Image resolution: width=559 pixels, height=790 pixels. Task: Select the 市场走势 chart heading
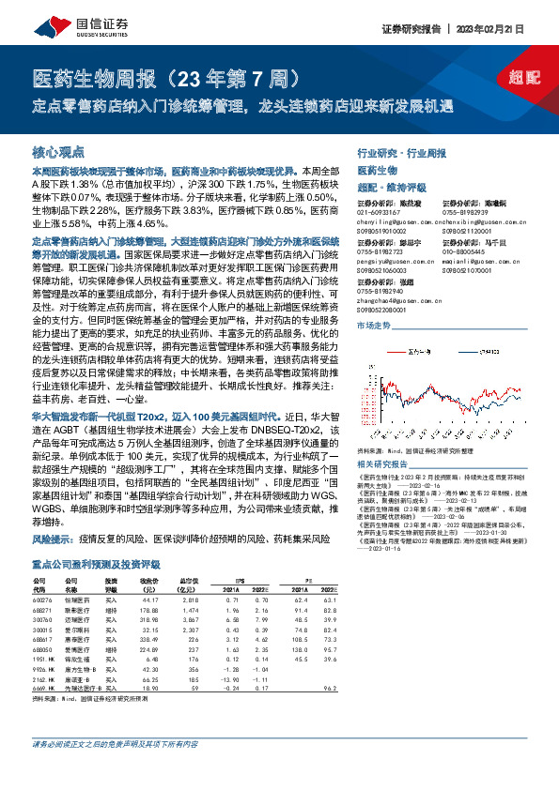pos(373,325)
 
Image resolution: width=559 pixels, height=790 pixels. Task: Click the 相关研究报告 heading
pos(386,463)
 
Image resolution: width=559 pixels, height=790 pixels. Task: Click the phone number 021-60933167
pos(375,213)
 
